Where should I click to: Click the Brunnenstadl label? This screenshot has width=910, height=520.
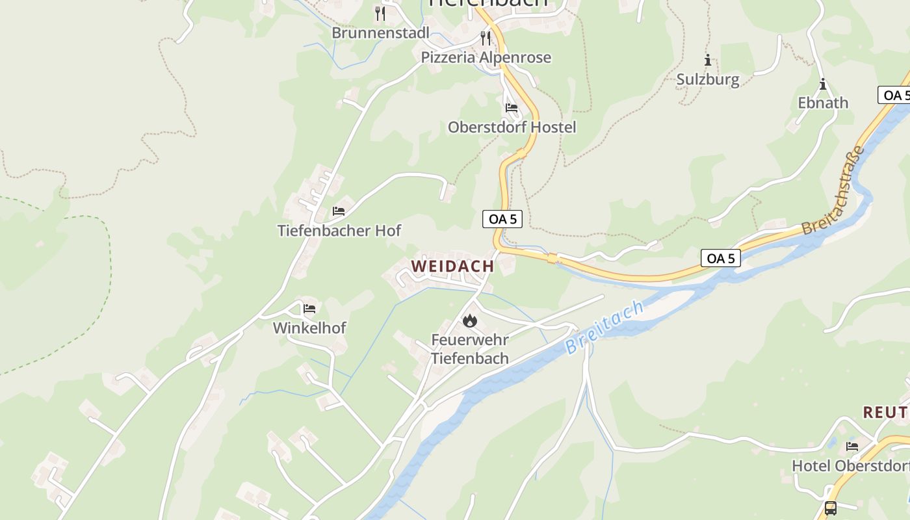point(380,32)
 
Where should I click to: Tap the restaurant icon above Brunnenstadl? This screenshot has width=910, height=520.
point(380,13)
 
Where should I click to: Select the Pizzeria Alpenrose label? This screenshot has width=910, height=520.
point(486,57)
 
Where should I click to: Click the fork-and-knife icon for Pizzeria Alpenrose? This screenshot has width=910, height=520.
point(486,38)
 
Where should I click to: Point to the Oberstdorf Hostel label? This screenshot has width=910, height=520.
point(512,127)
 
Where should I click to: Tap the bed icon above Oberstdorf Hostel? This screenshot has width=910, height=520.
point(512,107)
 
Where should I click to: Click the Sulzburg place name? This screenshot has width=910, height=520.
point(708,79)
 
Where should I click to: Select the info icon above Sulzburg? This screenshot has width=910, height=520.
point(708,60)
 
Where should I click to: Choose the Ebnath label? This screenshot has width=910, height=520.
point(823,103)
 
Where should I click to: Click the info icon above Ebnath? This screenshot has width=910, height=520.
point(823,84)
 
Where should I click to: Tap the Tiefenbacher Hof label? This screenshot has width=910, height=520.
point(339,230)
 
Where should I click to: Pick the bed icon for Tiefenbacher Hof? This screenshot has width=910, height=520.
point(339,211)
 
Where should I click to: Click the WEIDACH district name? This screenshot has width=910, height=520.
point(452,266)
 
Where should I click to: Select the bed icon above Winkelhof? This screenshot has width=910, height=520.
point(309,308)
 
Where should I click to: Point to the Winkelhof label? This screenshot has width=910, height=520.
point(309,328)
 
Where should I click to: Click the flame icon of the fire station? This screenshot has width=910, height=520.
point(469,320)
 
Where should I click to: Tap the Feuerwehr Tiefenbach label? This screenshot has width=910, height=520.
point(469,348)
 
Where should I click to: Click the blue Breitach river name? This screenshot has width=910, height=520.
point(604,327)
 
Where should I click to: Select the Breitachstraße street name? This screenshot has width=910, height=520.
point(835,191)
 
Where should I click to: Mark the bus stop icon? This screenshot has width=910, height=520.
point(830,508)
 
